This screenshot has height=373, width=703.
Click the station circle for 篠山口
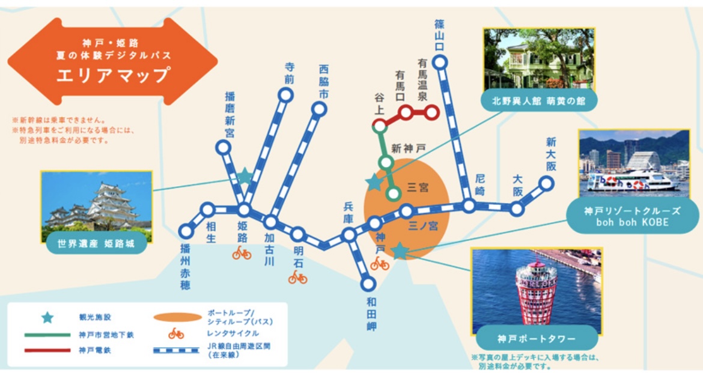point(441,62)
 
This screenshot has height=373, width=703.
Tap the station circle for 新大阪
point(546,183)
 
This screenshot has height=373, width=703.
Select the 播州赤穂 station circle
point(186,231)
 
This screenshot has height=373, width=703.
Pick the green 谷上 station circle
point(380,126)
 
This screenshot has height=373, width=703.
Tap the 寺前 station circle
point(286,94)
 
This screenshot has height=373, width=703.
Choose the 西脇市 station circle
point(320,109)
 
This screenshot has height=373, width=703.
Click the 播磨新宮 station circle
point(224,148)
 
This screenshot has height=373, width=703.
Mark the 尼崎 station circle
point(469,206)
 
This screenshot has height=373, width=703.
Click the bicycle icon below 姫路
point(242,253)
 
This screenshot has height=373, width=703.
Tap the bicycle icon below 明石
point(297,277)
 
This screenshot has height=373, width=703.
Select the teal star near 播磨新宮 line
point(245,176)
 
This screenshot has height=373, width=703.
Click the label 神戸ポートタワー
point(536,338)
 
